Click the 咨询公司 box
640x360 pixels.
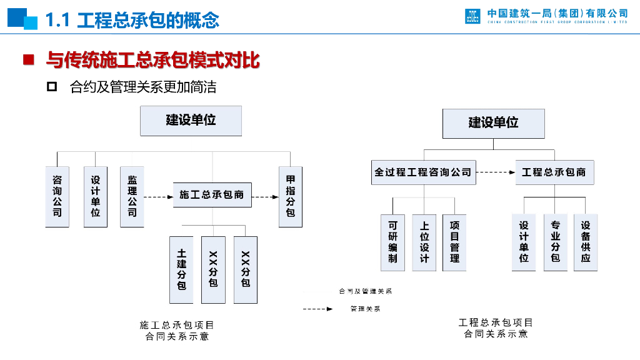pyautogui.click(x=57, y=196)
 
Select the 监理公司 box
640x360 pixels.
pyautogui.click(x=132, y=196)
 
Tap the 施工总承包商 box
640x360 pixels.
pyautogui.click(x=212, y=195)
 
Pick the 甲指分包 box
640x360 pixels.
pyautogui.click(x=291, y=196)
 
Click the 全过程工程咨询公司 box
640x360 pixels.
pyautogui.click(x=423, y=172)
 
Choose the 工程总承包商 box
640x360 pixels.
pyautogui.click(x=554, y=172)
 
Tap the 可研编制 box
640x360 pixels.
pyautogui.click(x=392, y=242)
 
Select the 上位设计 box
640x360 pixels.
pyautogui.click(x=424, y=242)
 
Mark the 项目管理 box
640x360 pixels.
pyautogui.click(x=454, y=242)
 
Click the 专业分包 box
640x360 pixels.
pyautogui.click(x=555, y=242)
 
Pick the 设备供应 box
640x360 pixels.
pyautogui.click(x=586, y=242)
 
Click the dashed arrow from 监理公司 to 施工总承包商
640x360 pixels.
pyautogui.click(x=158, y=197)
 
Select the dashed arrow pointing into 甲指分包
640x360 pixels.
pyautogui.click(x=266, y=197)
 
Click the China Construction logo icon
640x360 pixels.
pyautogui.click(x=473, y=16)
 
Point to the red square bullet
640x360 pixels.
pyautogui.click(x=28, y=60)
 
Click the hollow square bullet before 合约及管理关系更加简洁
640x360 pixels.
pyautogui.click(x=52, y=86)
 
